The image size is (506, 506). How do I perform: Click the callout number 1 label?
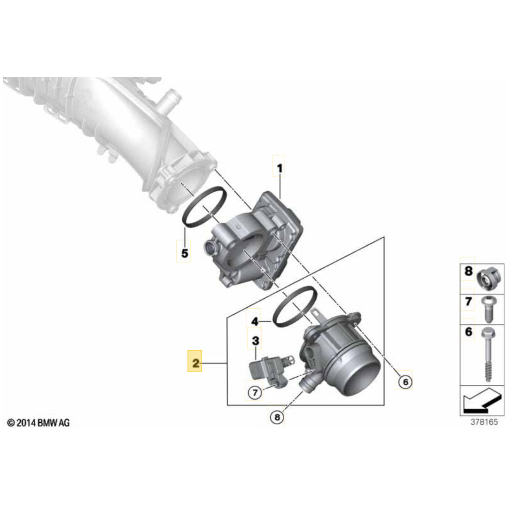[279, 168]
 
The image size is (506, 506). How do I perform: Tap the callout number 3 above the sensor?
[255, 340]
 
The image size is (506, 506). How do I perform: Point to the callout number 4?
[254, 322]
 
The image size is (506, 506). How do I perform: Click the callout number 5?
[184, 253]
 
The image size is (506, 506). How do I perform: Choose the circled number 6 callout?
[404, 382]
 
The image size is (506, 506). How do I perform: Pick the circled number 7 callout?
[254, 392]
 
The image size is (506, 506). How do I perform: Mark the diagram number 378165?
[484, 422]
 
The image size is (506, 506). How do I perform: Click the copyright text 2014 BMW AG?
[39, 423]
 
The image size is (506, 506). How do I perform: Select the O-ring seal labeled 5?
[202, 207]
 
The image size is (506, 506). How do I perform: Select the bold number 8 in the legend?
[468, 271]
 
